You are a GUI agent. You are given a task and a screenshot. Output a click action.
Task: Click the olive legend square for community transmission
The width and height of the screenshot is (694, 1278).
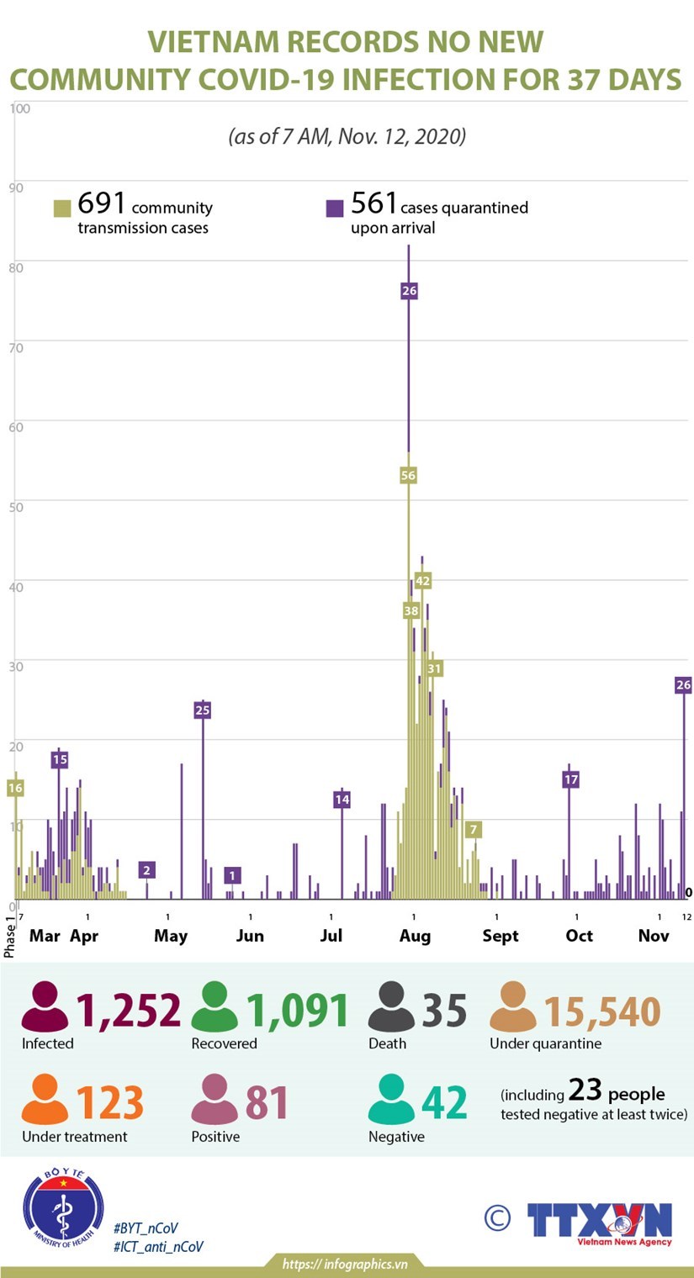[62, 209]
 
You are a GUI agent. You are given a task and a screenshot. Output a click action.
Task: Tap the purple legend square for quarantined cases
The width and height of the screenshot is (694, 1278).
[335, 209]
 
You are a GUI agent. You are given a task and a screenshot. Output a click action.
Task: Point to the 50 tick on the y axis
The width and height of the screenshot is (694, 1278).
[16, 505]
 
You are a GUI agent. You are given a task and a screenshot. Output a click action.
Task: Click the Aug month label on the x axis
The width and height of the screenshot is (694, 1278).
[415, 936]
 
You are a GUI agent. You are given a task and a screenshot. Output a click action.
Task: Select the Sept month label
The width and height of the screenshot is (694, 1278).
[501, 936]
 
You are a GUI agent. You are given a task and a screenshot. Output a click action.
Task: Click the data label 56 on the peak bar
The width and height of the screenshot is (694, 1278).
[408, 475]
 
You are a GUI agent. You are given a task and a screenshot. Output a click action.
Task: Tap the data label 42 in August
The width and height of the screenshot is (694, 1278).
[422, 580]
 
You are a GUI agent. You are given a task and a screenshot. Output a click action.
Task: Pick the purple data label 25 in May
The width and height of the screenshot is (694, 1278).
[202, 710]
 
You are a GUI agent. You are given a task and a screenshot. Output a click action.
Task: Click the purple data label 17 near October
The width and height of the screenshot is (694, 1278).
[570, 779]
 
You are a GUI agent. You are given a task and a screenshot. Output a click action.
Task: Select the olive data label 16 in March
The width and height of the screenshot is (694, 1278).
[15, 788]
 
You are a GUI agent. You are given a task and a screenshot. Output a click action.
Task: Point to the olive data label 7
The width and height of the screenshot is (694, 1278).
[474, 830]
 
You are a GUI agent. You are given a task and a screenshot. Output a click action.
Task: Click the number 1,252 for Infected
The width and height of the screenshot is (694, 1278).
[129, 1010]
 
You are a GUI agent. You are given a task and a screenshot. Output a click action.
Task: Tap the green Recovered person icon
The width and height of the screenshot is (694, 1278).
[215, 1007]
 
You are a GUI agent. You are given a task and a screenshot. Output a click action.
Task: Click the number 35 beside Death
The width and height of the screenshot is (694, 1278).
[444, 1010]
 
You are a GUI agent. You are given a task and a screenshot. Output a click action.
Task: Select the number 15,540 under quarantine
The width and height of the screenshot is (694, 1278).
[602, 1011]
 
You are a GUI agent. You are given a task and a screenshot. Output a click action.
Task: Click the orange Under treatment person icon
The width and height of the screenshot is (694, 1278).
[45, 1101]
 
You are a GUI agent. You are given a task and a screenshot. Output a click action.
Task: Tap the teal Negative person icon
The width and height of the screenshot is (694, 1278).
[391, 1101]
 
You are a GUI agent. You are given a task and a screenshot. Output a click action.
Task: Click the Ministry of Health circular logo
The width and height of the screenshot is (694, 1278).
[63, 1207]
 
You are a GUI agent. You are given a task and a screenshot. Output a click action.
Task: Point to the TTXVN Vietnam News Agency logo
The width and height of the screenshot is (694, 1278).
[600, 1223]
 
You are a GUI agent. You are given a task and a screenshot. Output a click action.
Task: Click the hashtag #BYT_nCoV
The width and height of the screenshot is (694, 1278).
[146, 1228]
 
